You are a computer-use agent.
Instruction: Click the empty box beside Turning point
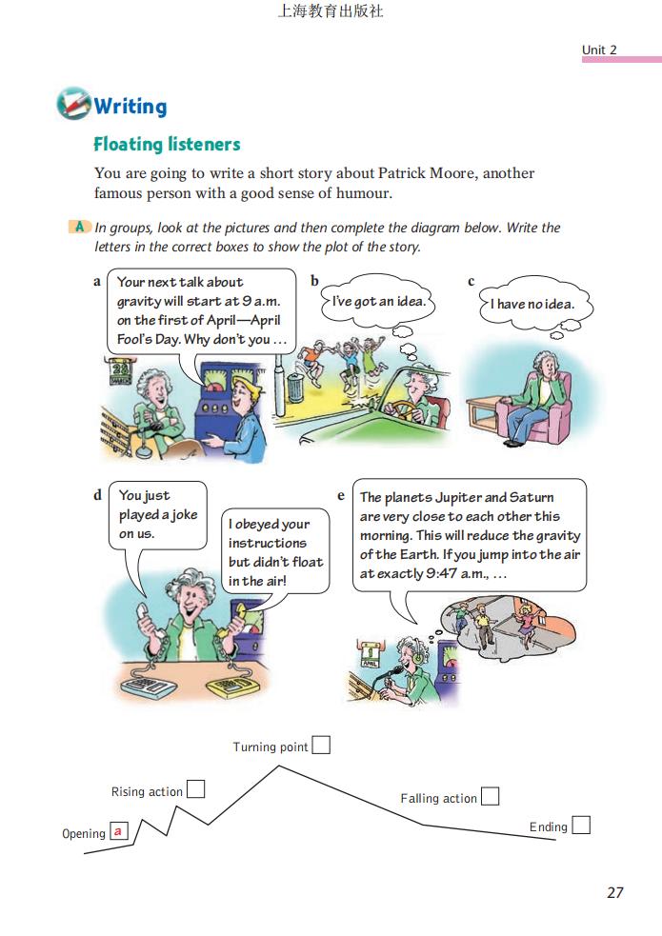tap(321, 746)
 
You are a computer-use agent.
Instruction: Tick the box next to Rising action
tap(195, 789)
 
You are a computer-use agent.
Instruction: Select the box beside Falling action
tap(490, 796)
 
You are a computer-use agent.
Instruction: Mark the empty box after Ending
tap(580, 825)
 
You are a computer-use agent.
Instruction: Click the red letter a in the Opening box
tap(118, 831)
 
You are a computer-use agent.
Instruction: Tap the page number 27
tap(614, 892)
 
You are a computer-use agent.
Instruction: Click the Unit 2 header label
tap(600, 50)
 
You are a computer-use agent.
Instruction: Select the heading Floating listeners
tap(167, 145)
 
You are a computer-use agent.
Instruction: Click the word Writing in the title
tap(130, 106)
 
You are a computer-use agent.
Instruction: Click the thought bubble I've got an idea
tap(378, 302)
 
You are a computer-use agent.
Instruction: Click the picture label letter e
tap(341, 496)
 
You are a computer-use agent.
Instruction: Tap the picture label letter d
tap(97, 495)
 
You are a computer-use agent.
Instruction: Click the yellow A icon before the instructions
tap(81, 228)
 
